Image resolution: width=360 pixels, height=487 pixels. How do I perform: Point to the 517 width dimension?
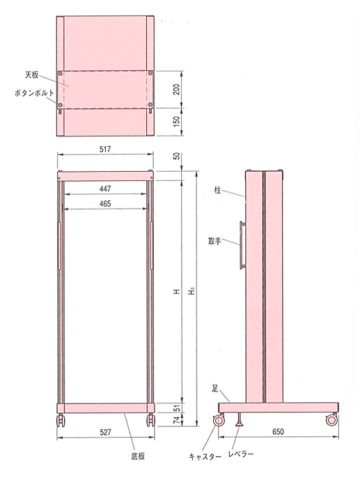(x=105, y=149)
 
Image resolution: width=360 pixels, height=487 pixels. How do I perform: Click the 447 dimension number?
(x=105, y=188)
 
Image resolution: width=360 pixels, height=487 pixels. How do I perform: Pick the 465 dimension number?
(x=105, y=204)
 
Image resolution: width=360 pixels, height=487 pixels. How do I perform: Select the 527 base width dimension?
(x=105, y=432)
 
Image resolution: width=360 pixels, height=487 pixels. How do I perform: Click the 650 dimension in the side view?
(x=278, y=432)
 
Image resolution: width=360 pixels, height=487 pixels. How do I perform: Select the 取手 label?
(x=215, y=241)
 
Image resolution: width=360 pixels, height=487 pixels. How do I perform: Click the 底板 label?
(x=136, y=457)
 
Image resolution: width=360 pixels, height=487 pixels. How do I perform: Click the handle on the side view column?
(x=241, y=245)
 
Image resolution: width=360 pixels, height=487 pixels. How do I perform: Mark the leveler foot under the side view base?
(x=241, y=419)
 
